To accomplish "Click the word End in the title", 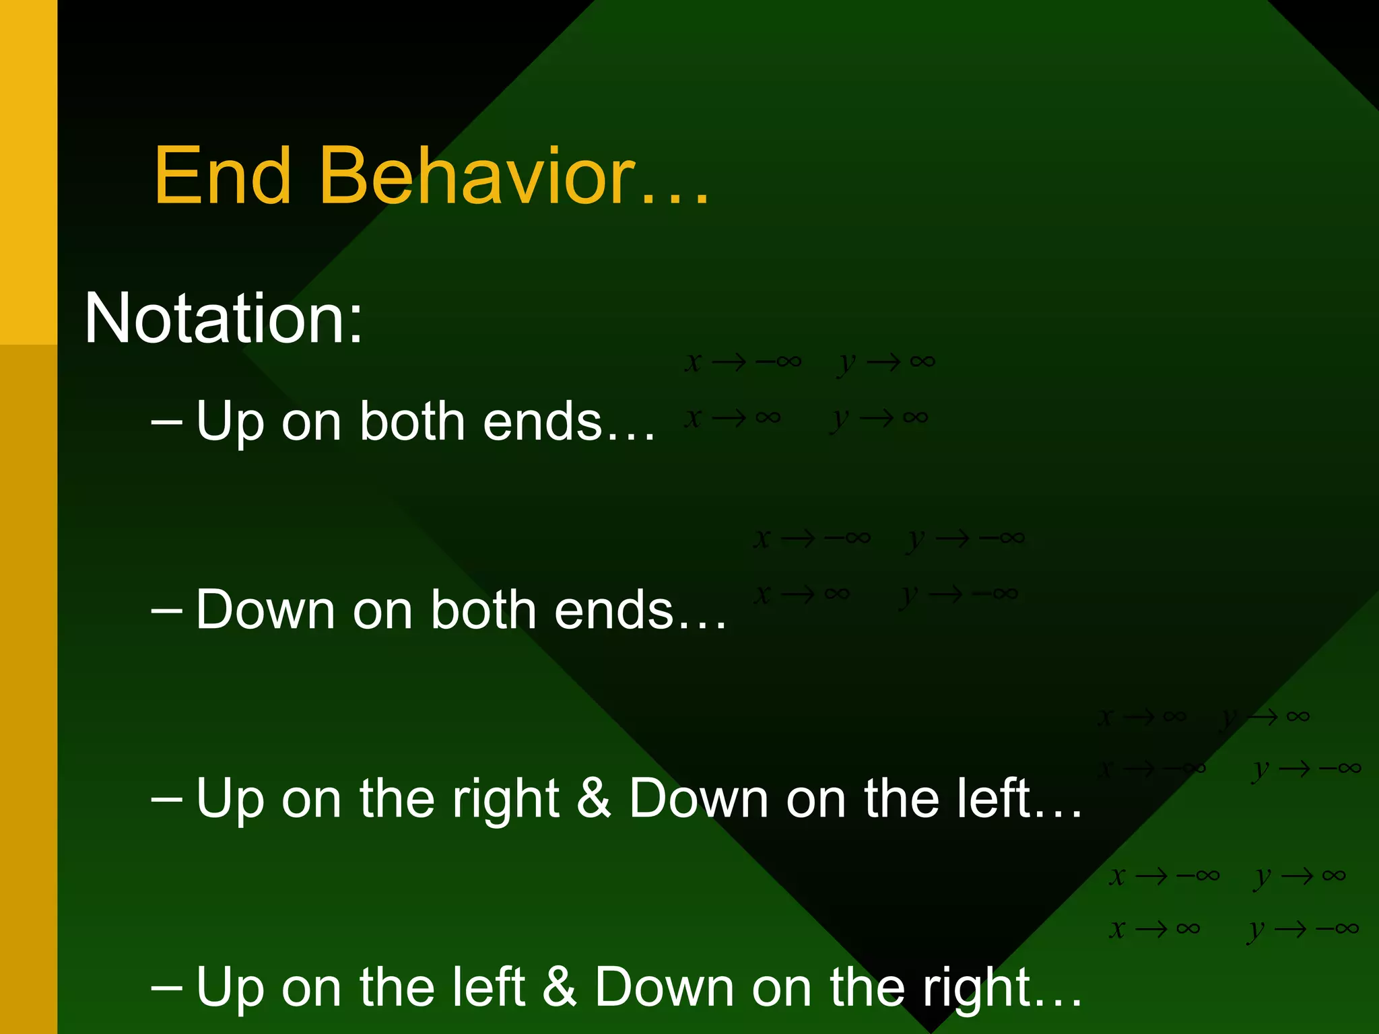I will tap(223, 176).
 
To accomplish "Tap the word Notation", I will tap(223, 318).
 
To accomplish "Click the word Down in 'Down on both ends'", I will tap(265, 610).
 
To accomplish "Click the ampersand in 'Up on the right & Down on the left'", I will tap(594, 798).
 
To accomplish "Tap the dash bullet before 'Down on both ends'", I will tap(167, 610).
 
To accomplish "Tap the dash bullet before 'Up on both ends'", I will tap(167, 421).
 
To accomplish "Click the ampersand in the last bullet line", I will tap(560, 987).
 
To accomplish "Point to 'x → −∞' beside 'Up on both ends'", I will tap(743, 362).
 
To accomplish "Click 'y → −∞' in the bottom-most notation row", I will tap(1303, 929).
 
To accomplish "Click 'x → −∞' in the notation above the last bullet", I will tap(1164, 876).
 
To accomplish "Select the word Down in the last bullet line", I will tap(664, 987).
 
